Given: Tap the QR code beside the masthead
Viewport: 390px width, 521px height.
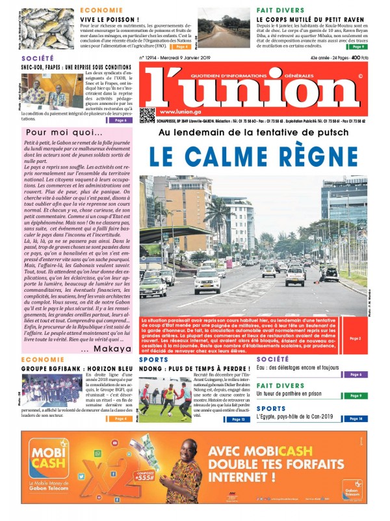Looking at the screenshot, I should pyautogui.click(x=147, y=115).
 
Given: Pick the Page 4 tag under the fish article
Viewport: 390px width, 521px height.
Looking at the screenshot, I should pyautogui.click(x=180, y=46).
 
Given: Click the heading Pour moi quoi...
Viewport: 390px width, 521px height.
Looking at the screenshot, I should pyautogui.click(x=57, y=132).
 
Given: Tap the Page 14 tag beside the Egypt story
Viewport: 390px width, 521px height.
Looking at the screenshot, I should pyautogui.click(x=355, y=418).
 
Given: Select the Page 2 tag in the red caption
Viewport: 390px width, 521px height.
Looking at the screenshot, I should pyautogui.click(x=355, y=339).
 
